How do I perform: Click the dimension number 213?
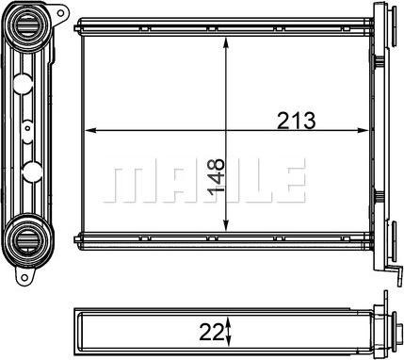click(x=296, y=121)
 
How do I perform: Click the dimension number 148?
click(x=217, y=176)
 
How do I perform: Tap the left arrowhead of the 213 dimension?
click(x=90, y=130)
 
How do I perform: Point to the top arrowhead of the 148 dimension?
click(x=225, y=43)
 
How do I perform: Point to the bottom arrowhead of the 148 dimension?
click(x=225, y=225)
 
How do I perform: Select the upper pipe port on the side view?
click(x=26, y=26)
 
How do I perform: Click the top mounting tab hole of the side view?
click(x=61, y=13)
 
